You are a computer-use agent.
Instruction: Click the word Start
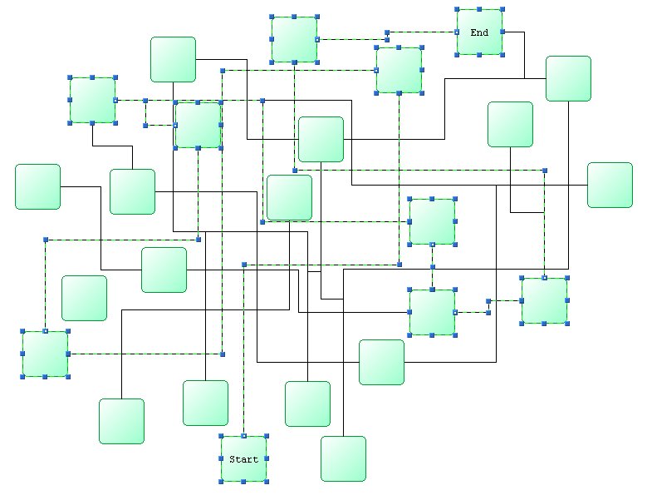coord(243,459)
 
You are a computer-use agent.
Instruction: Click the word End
coord(479,32)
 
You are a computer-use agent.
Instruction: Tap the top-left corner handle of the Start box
coord(221,436)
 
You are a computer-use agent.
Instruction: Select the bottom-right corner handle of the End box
coord(502,55)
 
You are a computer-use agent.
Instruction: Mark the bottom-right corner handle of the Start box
coord(267,482)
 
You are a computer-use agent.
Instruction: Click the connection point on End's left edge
coord(457,32)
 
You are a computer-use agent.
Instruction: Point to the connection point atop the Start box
coord(243,436)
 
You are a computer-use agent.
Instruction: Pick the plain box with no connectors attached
coord(84,298)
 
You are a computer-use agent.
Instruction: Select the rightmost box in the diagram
coord(610,185)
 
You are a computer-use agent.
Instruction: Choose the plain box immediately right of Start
coord(343,458)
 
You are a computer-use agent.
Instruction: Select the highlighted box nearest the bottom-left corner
coord(45,354)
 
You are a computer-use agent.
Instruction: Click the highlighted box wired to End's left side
coord(294,39)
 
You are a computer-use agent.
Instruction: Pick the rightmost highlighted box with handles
coord(544,300)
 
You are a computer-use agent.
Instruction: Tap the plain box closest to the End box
coord(568,78)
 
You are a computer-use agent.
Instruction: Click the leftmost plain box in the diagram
coord(37,186)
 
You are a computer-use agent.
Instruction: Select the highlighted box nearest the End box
coord(399,70)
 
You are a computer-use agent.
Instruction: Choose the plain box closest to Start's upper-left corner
coord(205,403)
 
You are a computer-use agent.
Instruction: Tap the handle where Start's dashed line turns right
coord(243,265)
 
